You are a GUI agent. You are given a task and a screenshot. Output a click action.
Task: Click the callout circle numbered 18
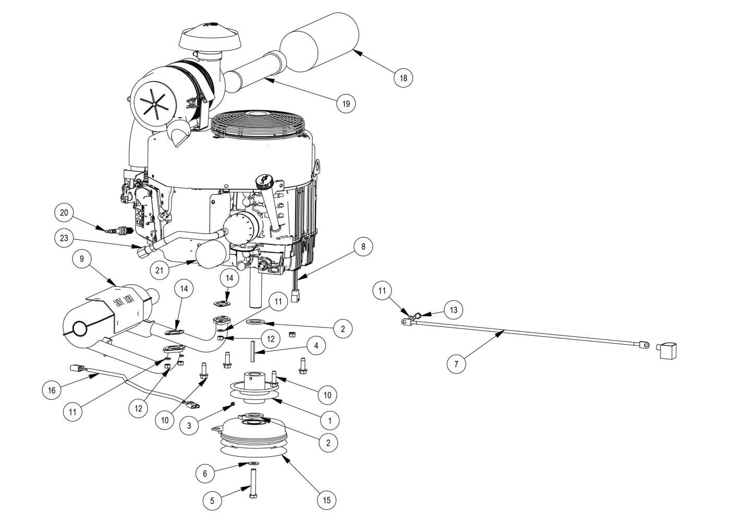(x=403, y=78)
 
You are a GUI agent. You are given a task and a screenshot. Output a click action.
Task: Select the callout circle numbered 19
(x=346, y=104)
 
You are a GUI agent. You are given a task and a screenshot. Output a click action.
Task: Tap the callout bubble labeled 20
(x=64, y=213)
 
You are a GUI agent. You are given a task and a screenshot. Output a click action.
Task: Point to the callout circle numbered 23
(x=64, y=238)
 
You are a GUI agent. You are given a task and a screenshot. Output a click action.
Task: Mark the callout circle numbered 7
(x=457, y=364)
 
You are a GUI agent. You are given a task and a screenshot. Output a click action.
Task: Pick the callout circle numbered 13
(x=453, y=310)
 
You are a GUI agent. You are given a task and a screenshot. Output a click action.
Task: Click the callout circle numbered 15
(x=327, y=500)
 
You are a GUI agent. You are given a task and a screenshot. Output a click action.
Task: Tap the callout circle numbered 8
(x=363, y=247)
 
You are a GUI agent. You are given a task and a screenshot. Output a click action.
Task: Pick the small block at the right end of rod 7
(x=666, y=350)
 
